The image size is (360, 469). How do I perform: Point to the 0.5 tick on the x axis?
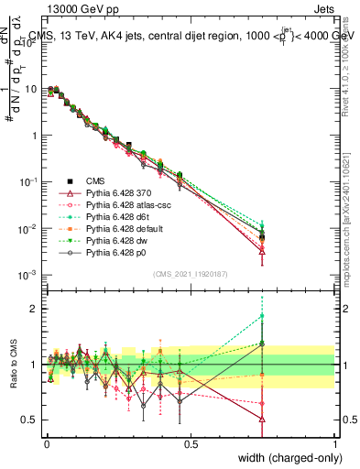point(191,444)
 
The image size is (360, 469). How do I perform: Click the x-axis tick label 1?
point(335,444)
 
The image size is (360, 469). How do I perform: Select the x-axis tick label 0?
point(46,444)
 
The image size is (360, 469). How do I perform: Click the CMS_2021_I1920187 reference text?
point(191,272)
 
